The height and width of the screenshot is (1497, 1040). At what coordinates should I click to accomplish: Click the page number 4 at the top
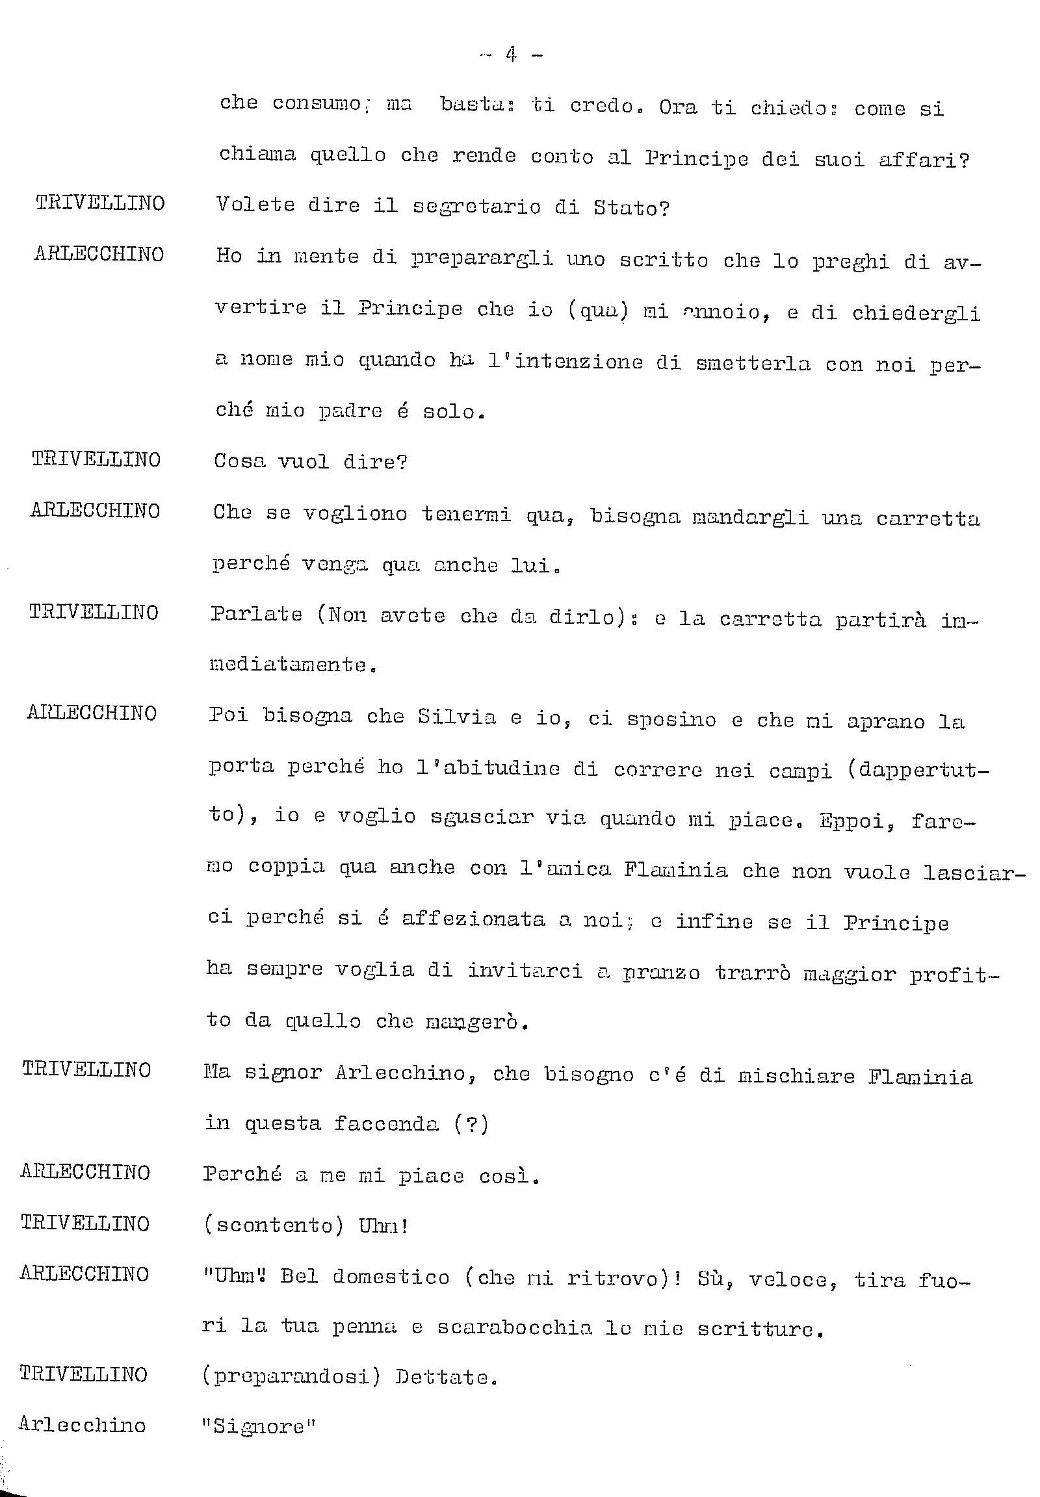tap(511, 55)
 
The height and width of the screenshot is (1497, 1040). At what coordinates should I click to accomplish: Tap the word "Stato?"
tap(630, 209)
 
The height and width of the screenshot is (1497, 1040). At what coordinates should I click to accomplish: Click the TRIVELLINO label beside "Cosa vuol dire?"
tap(96, 459)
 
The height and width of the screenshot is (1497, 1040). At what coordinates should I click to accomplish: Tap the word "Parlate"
tap(257, 615)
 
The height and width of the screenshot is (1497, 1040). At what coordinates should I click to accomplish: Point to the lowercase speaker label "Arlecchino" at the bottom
tap(82, 1425)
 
